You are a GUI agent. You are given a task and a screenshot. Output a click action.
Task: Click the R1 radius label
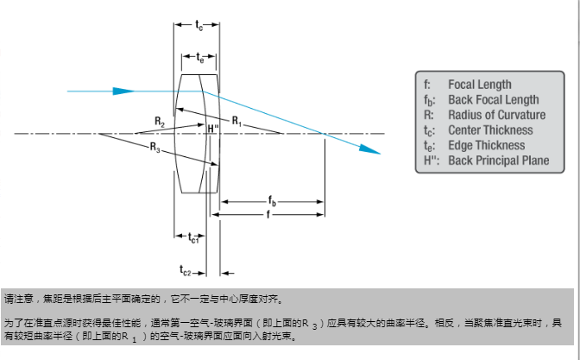[236, 118]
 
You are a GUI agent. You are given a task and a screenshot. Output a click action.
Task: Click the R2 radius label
[160, 123]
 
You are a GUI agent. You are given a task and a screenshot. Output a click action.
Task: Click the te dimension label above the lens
[199, 58]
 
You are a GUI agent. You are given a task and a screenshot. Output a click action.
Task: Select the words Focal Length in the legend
[479, 85]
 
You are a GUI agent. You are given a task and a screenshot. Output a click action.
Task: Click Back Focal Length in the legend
[493, 100]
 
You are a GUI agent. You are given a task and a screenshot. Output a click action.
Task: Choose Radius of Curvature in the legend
[496, 115]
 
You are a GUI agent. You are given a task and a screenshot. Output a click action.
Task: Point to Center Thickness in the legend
[490, 130]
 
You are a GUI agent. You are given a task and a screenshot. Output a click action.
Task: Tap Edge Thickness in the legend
[486, 145]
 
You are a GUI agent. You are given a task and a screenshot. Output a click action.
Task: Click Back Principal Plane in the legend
[498, 161]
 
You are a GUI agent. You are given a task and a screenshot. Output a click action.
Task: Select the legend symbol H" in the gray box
[429, 161]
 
